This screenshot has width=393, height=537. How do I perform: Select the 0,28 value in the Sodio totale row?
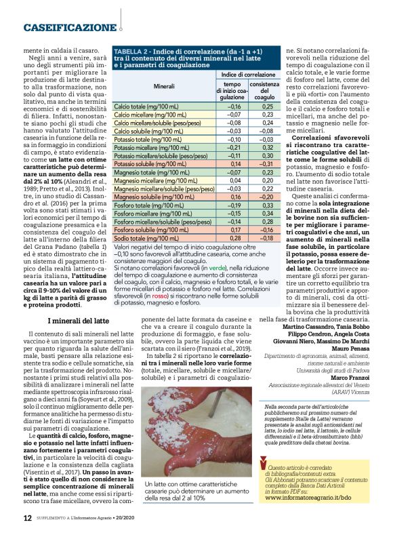235,238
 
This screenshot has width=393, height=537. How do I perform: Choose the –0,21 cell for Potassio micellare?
235,147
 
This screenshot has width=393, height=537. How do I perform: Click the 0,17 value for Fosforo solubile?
235,229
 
